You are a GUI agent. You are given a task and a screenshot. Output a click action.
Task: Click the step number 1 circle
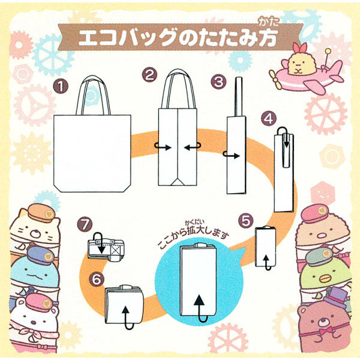coord(61,86)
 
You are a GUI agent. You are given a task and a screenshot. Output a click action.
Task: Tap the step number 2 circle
coord(149,74)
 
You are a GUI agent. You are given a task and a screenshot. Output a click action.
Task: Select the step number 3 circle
coord(218,82)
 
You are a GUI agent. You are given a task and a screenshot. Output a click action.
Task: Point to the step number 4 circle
coord(269,119)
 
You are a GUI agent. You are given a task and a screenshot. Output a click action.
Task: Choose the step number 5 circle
coord(245,221)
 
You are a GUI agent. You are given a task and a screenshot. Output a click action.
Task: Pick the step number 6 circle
coord(97,279)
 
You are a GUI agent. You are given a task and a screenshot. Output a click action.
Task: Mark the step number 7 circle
coord(85,224)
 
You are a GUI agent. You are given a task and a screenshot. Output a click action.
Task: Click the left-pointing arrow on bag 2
coord(193,147)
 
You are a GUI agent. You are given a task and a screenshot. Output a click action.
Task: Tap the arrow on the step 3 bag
coord(232,155)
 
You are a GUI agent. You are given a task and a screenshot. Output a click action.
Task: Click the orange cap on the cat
coord(41,213)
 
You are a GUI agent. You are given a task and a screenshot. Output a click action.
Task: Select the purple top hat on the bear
coord(335,297)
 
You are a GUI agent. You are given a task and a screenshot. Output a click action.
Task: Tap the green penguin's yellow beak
coord(326,278)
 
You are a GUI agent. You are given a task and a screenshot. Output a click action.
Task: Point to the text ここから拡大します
coord(193,238)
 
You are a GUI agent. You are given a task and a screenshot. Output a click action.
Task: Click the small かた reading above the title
coord(268,22)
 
